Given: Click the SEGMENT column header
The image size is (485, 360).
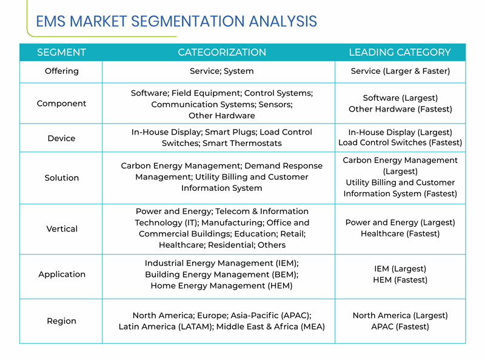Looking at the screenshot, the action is [x=62, y=52].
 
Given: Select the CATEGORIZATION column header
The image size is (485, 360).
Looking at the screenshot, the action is [x=222, y=52].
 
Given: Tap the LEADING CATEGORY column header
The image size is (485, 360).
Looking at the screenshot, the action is [x=400, y=52].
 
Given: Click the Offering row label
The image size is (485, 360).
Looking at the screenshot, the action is [x=62, y=71].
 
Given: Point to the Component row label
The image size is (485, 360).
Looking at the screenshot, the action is [x=62, y=104].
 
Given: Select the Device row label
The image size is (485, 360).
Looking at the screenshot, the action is [x=62, y=138].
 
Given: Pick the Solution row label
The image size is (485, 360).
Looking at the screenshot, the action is [x=62, y=178].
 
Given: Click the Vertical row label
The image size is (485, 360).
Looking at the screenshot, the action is [x=62, y=229].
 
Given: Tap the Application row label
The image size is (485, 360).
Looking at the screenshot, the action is [x=62, y=275].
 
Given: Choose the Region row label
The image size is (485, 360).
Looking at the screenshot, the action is [x=62, y=321].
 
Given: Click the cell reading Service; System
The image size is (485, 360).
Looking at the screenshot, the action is [x=222, y=71].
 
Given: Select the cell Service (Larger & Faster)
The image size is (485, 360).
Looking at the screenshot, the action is [x=400, y=71].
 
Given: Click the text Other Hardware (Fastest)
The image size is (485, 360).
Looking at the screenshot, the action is [x=400, y=109].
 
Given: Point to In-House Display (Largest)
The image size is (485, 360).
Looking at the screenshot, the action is [x=400, y=132].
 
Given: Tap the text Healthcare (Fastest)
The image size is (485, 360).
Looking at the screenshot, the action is [x=400, y=233].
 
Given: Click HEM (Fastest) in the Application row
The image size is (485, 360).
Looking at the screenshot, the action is [x=400, y=280].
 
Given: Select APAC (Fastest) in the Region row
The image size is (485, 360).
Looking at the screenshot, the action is [x=400, y=327].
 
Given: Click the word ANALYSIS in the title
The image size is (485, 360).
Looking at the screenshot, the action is [x=283, y=21].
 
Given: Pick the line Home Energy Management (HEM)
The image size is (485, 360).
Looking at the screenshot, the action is [x=222, y=285].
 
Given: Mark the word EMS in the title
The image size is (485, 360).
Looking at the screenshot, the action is [x=51, y=21].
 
